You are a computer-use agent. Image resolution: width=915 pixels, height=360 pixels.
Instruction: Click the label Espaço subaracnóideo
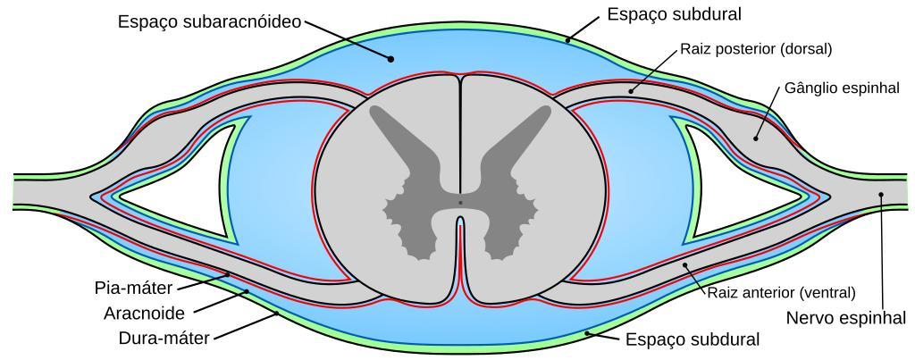(x=209, y=22)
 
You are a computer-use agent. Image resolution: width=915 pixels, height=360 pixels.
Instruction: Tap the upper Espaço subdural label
(x=674, y=14)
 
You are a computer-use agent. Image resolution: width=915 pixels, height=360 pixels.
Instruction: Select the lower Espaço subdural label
(x=693, y=339)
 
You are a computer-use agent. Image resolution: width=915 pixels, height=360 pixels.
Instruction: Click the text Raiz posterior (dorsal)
(x=756, y=49)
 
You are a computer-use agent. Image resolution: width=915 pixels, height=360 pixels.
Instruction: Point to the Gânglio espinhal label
(x=842, y=88)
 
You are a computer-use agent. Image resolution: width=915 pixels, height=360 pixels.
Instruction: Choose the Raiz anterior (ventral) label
(x=781, y=292)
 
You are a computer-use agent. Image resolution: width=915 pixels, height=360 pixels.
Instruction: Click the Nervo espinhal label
(x=846, y=318)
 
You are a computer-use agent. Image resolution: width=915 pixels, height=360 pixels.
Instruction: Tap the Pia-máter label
(x=134, y=288)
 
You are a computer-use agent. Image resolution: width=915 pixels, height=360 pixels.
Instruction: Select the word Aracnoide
(x=144, y=314)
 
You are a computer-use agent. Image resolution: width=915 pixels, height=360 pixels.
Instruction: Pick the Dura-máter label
(x=164, y=338)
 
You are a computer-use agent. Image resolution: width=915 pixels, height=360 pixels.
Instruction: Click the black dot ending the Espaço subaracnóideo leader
(x=391, y=58)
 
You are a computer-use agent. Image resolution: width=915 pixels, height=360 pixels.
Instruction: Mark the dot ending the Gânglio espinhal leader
(x=755, y=138)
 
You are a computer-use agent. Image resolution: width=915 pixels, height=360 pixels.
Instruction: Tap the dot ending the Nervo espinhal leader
(x=881, y=195)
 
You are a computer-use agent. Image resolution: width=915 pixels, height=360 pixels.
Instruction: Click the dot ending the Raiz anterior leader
(x=685, y=264)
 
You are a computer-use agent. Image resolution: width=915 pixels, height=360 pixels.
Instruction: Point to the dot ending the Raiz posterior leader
(x=631, y=91)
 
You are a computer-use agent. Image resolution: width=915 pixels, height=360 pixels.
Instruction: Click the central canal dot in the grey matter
(x=460, y=203)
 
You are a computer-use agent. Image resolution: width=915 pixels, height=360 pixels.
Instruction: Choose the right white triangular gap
(x=736, y=180)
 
